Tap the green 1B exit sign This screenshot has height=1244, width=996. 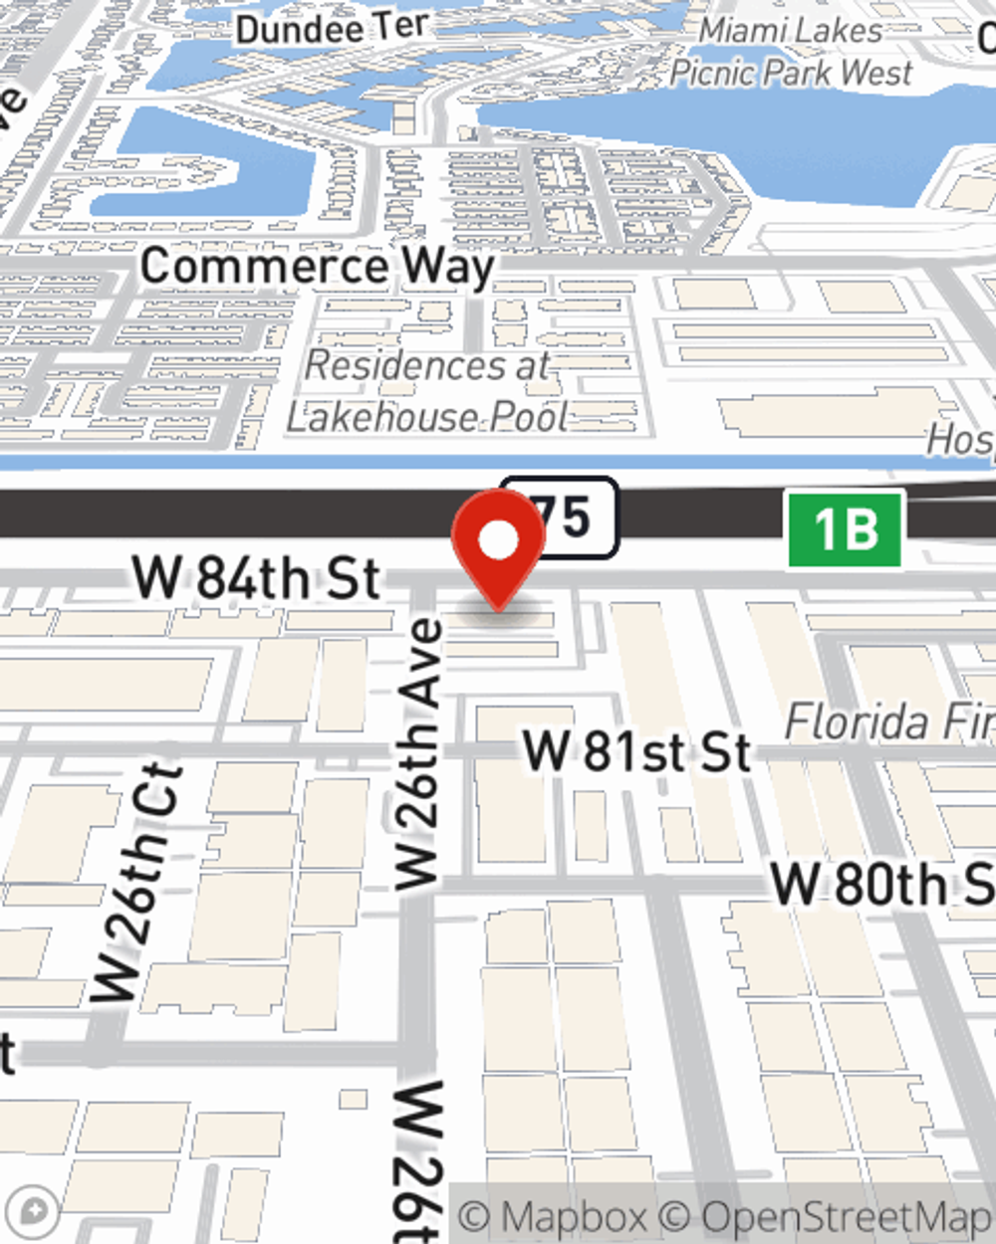tap(846, 529)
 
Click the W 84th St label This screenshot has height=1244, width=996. tap(257, 578)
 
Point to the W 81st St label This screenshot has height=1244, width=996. tap(637, 751)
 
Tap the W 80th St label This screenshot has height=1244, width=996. tap(881, 885)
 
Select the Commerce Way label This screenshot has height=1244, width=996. tap(317, 266)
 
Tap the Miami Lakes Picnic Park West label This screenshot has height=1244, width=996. tap(791, 52)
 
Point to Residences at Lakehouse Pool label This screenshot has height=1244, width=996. tap(428, 391)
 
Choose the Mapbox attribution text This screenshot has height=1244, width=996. tap(553, 1216)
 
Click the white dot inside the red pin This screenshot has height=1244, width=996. tap(499, 540)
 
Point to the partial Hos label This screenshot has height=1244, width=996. tap(960, 438)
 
